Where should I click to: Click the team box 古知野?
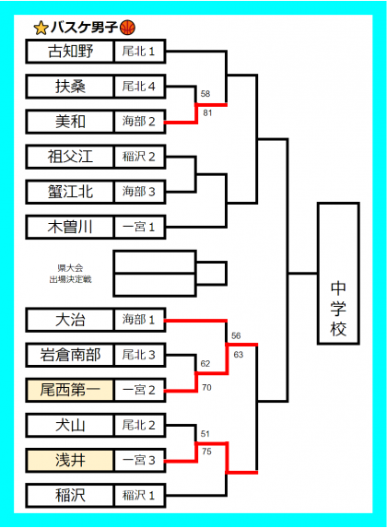70,52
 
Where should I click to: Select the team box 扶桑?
70,87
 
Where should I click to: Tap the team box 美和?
70,122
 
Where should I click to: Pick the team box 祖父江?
70,157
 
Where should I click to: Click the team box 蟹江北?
70,192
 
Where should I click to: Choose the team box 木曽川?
70,227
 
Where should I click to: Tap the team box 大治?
70,320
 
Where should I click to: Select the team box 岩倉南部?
70,355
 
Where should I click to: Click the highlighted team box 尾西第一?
70,390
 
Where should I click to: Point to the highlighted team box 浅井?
70,460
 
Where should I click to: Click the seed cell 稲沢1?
140,496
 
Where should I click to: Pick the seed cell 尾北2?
140,425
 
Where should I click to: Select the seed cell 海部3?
140,192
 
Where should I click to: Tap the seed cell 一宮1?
140,227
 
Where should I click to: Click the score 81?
207,113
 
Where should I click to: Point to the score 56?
236,335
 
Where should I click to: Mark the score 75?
206,452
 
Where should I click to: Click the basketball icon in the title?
128,28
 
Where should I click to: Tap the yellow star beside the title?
41,28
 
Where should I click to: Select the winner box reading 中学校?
338,274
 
